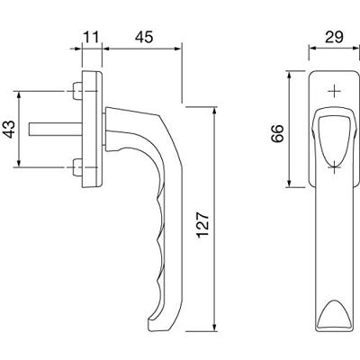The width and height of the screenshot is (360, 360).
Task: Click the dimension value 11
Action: pyautogui.click(x=91, y=38)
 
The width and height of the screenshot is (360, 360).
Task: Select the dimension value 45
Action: pyautogui.click(x=144, y=38)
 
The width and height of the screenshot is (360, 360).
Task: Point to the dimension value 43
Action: pyautogui.click(x=10, y=129)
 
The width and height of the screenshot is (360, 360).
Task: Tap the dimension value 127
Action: pyautogui.click(x=203, y=225)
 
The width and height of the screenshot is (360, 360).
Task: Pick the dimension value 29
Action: pyautogui.click(x=334, y=38)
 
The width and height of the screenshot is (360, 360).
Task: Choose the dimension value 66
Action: pyautogui.click(x=277, y=133)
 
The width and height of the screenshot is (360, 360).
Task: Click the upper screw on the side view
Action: pyautogui.click(x=77, y=91)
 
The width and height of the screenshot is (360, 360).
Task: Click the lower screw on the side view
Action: pyautogui.click(x=77, y=167)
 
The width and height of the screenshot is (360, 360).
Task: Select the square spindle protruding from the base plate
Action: pyautogui.click(x=56, y=129)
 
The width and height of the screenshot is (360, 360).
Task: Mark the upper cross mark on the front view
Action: pyautogui.click(x=334, y=91)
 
